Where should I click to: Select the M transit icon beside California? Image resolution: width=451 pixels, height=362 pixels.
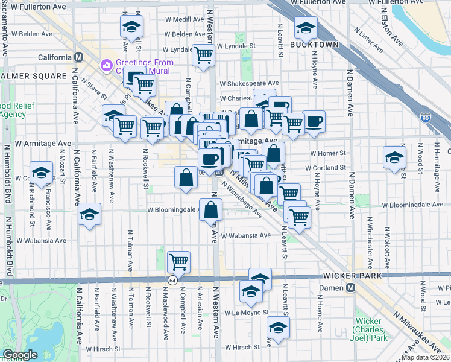pos(78,57)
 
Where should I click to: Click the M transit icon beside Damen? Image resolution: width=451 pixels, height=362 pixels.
pos(350,288)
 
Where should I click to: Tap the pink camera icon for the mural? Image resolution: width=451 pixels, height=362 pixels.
pos(107,64)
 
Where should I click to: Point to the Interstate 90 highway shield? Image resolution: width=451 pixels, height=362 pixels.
pos(426,118)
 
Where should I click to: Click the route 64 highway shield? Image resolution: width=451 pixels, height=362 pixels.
pos(172,280)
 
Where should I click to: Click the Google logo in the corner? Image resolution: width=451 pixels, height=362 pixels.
pos(20,354)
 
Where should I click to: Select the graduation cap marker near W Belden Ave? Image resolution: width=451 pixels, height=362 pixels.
pos(131,26)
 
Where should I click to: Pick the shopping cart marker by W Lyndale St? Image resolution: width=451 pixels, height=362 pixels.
pos(203,56)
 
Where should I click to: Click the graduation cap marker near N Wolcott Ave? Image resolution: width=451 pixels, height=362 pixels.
pos(394,157)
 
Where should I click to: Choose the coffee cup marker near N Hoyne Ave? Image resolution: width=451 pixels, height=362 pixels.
pos(313,121)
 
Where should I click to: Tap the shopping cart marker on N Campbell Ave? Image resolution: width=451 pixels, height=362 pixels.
pos(178,262)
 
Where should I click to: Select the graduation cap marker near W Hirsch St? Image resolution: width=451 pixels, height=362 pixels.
pos(278,328)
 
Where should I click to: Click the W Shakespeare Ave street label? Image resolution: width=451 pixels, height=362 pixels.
pos(249,83)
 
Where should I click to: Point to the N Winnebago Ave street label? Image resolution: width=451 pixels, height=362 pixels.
pos(242,201)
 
